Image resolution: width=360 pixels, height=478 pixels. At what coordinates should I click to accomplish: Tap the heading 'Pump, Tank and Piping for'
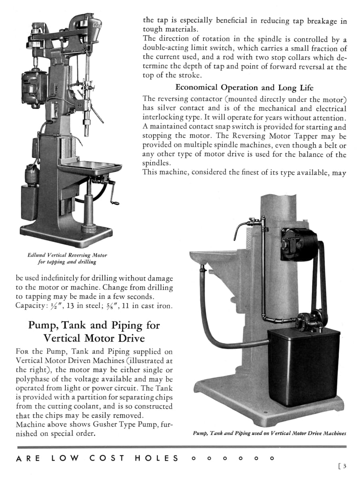(94, 325)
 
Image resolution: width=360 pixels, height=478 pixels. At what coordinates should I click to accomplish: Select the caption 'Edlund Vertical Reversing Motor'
(67, 255)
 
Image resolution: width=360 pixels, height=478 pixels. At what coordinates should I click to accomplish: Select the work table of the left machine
(90, 166)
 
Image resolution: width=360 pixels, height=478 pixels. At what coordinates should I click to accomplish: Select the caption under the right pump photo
(269, 433)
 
